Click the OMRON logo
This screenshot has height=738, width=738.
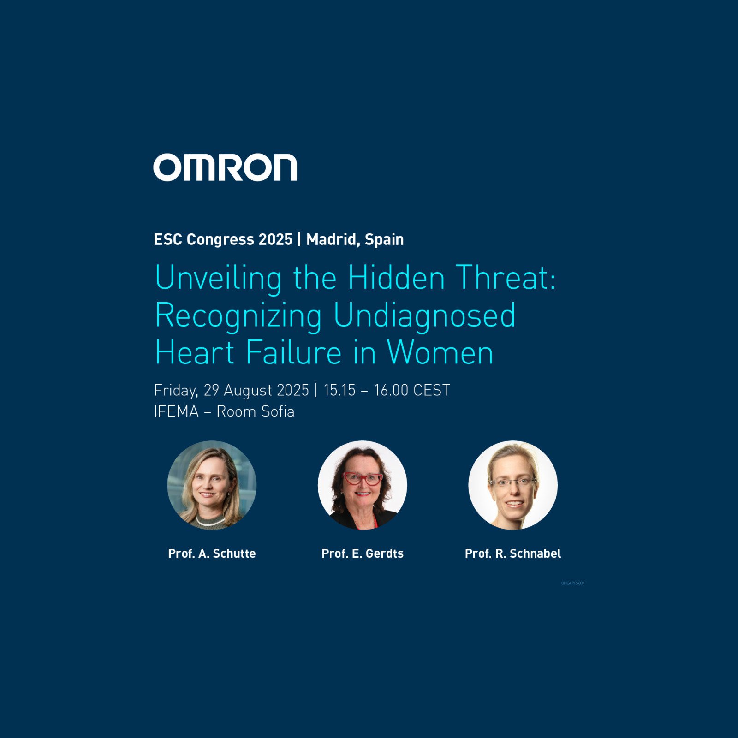[x=225, y=167]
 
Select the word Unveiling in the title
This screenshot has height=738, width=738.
[x=218, y=278]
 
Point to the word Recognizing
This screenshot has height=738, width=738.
[x=238, y=316]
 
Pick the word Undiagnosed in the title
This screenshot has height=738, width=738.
[x=424, y=316]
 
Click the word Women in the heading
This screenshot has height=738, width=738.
[x=440, y=353]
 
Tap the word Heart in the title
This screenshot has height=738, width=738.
[x=195, y=353]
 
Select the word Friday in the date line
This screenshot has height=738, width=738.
[x=176, y=391]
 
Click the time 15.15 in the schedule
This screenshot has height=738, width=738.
[x=339, y=390]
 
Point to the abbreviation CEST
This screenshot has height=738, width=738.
[x=431, y=390]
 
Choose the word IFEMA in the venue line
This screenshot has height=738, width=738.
[x=176, y=411]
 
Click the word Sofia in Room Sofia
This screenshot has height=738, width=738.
[x=278, y=411]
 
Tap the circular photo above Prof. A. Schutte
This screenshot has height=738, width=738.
[x=212, y=485]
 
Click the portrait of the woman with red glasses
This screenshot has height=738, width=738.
[x=363, y=485]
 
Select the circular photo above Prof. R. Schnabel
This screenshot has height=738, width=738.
[x=513, y=485]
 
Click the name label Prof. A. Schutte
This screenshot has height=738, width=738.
[x=212, y=553]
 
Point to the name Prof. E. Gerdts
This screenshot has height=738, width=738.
[x=363, y=553]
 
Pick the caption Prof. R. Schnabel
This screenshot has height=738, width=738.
[x=513, y=553]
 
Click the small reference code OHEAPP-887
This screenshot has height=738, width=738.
[x=573, y=583]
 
